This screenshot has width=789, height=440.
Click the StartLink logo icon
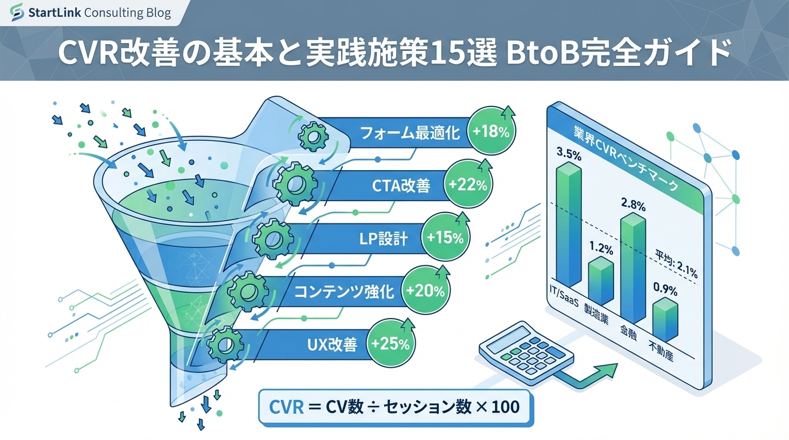tap(17, 12)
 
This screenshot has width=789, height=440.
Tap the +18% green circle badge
tap(491, 131)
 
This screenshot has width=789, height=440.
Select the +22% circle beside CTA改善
tap(468, 184)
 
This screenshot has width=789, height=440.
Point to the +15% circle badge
tap(445, 238)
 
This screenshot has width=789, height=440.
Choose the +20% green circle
tap(425, 290)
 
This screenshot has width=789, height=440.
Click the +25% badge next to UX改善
tap(390, 343)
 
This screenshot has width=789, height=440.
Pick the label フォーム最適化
tap(410, 133)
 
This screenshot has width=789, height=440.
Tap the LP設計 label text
tap(383, 239)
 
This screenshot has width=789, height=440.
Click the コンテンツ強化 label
tap(344, 292)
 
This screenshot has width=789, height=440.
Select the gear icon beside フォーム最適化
tap(313, 136)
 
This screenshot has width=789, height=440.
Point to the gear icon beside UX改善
tap(225, 345)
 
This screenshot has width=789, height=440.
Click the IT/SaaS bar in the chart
tap(568, 226)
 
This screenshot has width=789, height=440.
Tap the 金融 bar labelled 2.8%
tap(633, 268)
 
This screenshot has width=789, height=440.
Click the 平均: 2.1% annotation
tap(676, 264)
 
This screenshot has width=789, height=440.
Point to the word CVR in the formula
tap(286, 407)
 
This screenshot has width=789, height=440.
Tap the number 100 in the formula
tap(506, 407)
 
